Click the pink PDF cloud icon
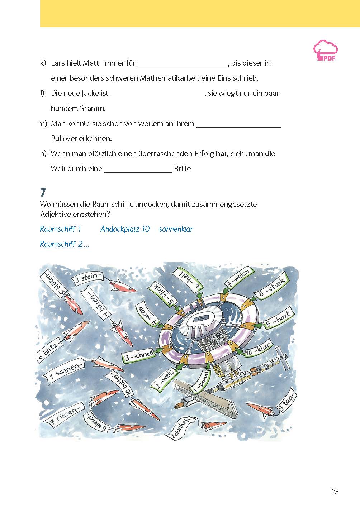click(326, 51)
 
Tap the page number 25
click(335, 492)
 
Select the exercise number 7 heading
click(43, 193)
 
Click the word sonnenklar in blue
click(176, 229)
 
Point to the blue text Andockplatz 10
click(125, 229)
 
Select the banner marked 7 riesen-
click(65, 414)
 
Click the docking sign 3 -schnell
click(139, 355)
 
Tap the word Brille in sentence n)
click(183, 169)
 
